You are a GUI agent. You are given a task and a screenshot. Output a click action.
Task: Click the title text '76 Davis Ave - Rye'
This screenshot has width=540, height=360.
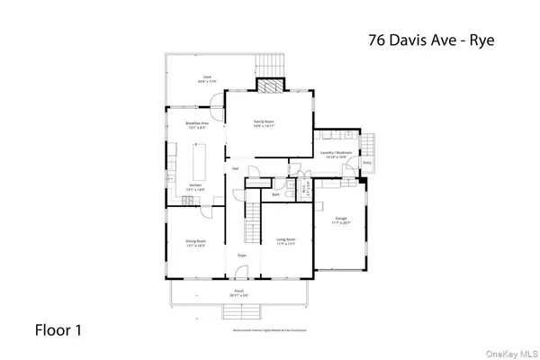(x=433, y=40)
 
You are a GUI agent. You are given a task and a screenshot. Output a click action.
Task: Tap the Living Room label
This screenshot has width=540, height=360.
(x=286, y=242)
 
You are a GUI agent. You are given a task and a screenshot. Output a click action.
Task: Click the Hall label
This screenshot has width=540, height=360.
(x=236, y=168)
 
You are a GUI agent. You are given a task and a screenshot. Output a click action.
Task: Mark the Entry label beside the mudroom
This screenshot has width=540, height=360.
(x=367, y=162)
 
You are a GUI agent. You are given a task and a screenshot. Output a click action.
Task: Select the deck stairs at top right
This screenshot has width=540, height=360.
(x=268, y=66)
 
